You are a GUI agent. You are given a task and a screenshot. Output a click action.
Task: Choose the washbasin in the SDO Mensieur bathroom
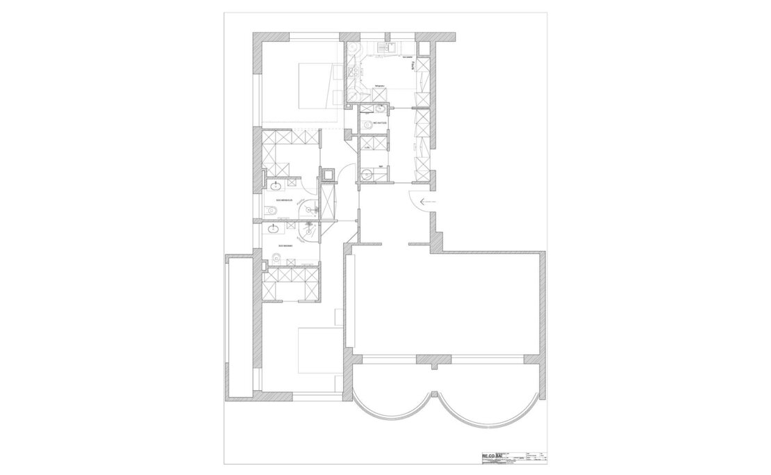pos(276,185)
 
